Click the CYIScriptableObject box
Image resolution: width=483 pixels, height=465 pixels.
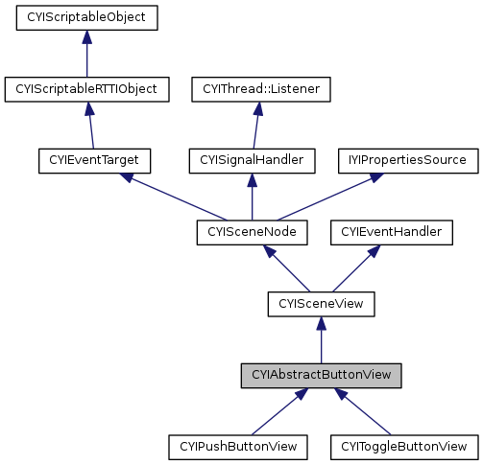86,17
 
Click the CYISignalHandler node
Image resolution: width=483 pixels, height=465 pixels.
253,159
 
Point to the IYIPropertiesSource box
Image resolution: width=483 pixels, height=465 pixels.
406,159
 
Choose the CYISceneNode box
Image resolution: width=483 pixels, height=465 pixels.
253,231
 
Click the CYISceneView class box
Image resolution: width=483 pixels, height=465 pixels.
321,304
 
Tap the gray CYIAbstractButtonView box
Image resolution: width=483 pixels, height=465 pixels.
321,375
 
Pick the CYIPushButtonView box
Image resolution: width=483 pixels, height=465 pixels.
239,446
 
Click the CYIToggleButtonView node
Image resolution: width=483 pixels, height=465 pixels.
403,446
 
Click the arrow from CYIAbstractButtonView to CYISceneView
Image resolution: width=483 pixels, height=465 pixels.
321,339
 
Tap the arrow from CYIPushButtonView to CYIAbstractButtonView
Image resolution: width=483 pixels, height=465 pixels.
279,410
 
